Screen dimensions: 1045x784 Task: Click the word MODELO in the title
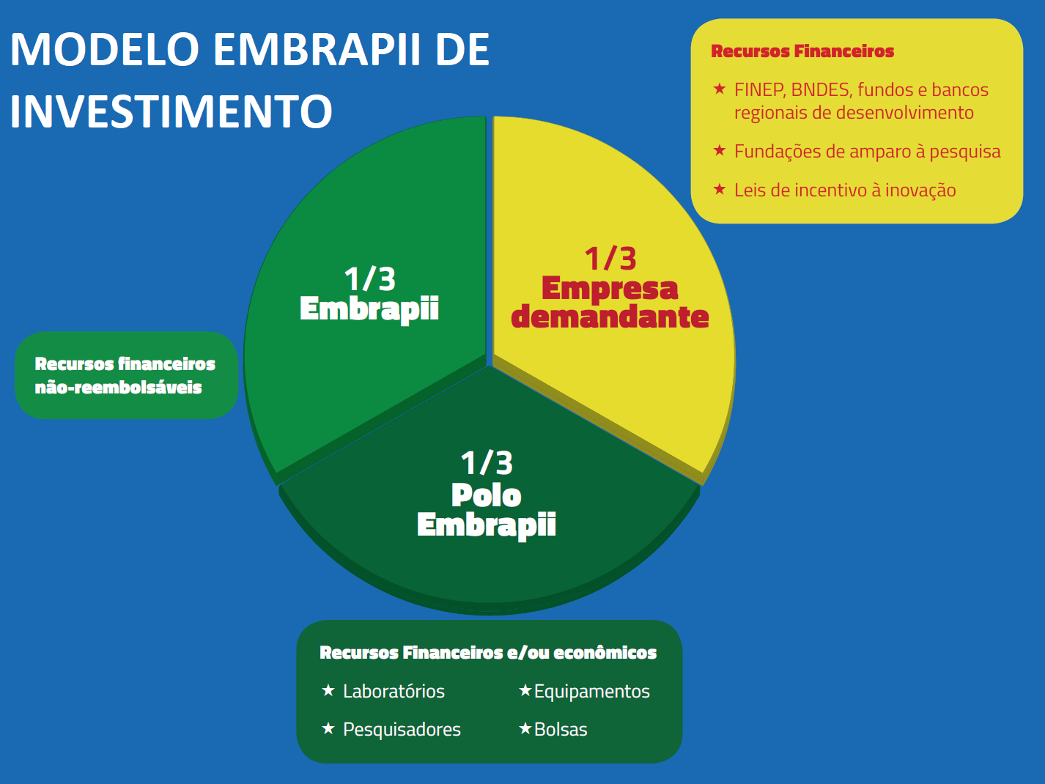(x=105, y=49)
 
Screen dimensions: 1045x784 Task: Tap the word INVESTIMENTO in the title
(x=171, y=111)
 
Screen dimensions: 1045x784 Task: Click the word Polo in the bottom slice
(x=486, y=495)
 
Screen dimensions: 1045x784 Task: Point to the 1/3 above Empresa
(x=610, y=259)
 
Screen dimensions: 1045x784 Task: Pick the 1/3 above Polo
(x=487, y=462)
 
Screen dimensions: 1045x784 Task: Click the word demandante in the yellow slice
(x=610, y=317)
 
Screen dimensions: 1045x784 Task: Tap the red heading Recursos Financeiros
(x=802, y=51)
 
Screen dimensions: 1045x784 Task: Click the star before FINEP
(x=720, y=88)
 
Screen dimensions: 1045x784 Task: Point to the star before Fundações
(x=720, y=150)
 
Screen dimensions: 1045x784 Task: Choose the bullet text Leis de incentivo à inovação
(x=845, y=191)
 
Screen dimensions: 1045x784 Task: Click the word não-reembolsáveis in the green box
(x=119, y=388)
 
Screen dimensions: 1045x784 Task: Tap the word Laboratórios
(x=394, y=691)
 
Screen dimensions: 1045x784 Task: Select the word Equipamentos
(x=592, y=692)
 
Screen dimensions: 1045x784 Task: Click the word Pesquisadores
(x=402, y=729)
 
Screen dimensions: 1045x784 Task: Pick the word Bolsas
(x=561, y=729)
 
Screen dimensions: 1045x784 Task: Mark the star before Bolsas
(x=525, y=728)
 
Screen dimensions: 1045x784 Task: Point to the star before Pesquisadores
(x=328, y=728)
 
